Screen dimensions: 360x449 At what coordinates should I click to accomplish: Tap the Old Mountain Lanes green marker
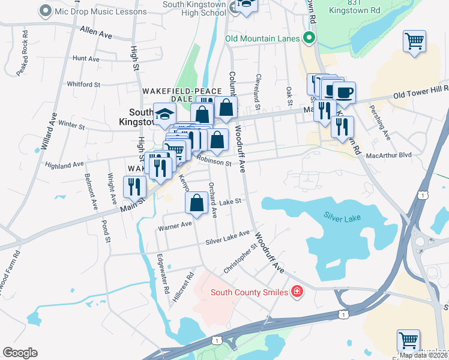[310, 38]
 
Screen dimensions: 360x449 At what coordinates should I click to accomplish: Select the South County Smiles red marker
[297, 292]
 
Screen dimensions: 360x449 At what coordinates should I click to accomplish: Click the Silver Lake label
[342, 217]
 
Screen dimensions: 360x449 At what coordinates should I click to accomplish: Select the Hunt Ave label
[86, 59]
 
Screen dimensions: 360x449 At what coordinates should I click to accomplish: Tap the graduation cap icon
[164, 115]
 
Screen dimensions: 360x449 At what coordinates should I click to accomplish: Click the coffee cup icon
[344, 92]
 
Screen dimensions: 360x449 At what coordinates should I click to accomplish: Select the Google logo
[20, 353]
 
